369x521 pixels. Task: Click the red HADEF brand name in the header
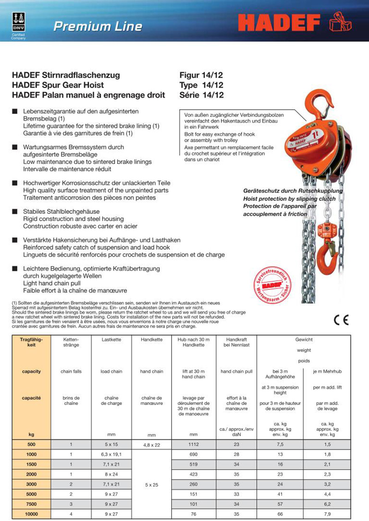(280, 24)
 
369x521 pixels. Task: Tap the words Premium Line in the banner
(98, 26)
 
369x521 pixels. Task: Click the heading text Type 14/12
(201, 85)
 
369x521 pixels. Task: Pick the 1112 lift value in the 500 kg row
(193, 445)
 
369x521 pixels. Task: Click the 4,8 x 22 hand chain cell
(151, 445)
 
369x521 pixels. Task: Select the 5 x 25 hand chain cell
(151, 485)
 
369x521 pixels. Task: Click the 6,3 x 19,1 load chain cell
(111, 455)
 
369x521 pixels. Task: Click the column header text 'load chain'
(111, 371)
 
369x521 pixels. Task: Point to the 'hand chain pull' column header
(236, 371)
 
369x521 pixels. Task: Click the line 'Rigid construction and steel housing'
(73, 219)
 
